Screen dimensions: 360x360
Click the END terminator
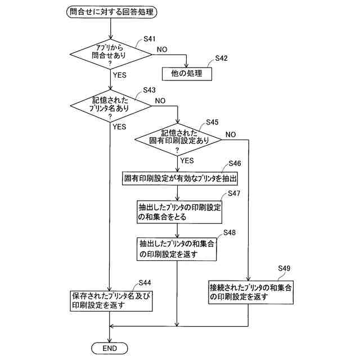tap(110, 348)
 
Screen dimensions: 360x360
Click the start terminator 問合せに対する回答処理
tap(111, 11)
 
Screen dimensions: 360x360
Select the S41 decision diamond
tap(111, 56)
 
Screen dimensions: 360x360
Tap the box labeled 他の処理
tap(186, 74)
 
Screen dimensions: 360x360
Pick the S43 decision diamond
tap(111, 105)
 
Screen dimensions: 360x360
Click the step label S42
tap(221, 58)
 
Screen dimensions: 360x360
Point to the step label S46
tap(235, 163)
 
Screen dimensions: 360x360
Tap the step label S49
tap(284, 268)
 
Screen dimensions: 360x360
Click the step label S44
tap(144, 281)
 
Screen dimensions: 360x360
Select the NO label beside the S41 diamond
tap(162, 49)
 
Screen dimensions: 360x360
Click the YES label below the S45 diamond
tap(187, 161)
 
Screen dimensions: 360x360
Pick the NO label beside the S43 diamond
tap(160, 101)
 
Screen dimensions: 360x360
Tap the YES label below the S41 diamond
tap(119, 74)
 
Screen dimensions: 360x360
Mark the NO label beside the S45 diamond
tap(231, 134)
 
